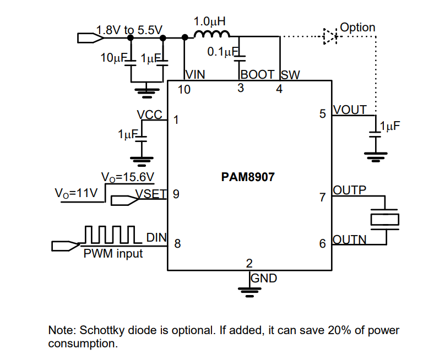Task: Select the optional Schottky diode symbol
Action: click(x=329, y=37)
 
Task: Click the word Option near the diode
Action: click(x=357, y=28)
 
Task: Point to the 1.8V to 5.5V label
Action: click(x=129, y=30)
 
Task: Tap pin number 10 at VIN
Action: click(x=184, y=90)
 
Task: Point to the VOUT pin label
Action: click(x=350, y=110)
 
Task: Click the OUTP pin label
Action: click(x=350, y=191)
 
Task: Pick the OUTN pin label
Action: click(x=350, y=241)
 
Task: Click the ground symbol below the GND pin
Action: click(x=249, y=291)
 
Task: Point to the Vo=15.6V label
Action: click(x=128, y=177)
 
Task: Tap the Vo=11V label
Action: click(x=76, y=194)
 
